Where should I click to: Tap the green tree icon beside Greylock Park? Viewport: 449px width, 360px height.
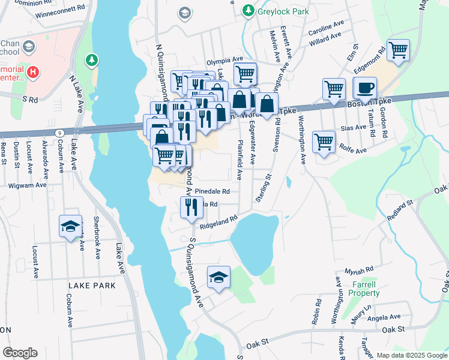tap(247, 11)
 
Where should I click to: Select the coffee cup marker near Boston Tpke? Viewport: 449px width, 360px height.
tap(365, 88)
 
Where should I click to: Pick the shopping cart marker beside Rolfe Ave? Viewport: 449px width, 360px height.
tap(324, 142)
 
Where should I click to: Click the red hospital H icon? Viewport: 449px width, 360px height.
tap(34, 73)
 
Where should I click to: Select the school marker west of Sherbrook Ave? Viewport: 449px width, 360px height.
tap(70, 226)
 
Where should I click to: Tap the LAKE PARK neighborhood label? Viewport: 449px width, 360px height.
tap(92, 286)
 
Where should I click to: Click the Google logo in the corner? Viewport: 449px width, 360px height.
tap(20, 353)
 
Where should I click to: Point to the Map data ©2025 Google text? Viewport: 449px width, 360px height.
tap(411, 355)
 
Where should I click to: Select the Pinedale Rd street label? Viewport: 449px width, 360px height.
tap(212, 191)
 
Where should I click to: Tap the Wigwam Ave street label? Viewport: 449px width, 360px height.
tap(28, 185)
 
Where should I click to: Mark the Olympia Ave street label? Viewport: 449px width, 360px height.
tap(224, 61)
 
